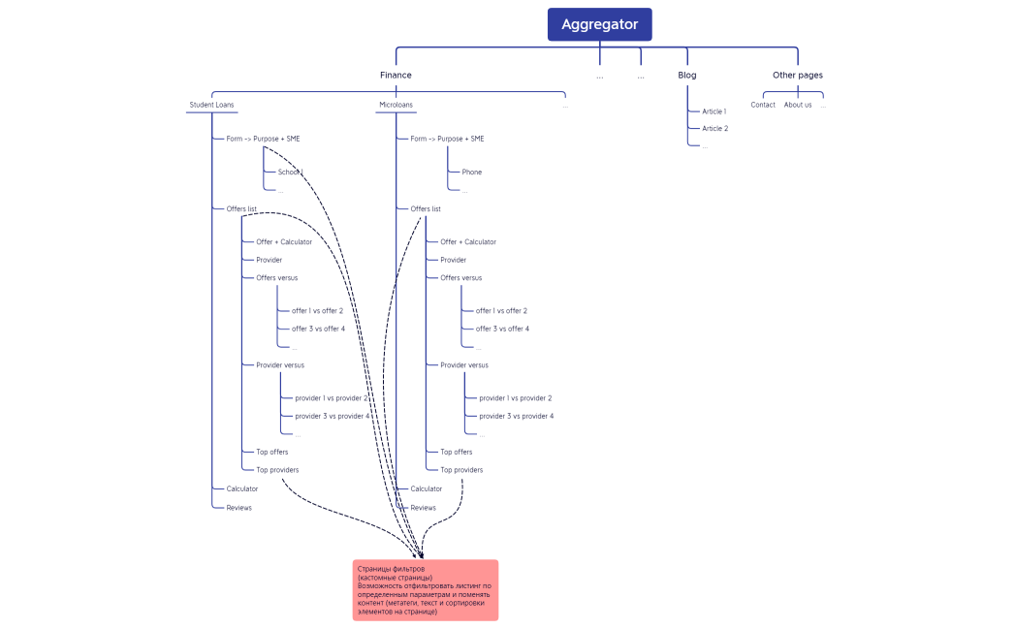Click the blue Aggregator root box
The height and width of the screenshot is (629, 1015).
[x=599, y=24]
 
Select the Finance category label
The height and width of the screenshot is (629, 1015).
[x=396, y=75]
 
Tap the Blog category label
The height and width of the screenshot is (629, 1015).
[x=686, y=75]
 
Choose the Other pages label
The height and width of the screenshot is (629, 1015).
[x=797, y=75]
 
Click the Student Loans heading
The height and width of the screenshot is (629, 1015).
[x=211, y=105]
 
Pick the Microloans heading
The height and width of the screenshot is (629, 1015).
[x=395, y=105]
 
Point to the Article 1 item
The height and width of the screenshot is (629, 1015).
[x=714, y=111]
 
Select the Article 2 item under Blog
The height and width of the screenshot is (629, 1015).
[x=714, y=128]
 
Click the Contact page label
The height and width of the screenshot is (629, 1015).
[x=763, y=105]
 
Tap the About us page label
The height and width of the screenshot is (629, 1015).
[x=798, y=105]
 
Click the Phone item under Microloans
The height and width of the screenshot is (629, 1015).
[x=471, y=172]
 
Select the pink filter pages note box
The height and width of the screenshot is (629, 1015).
[x=425, y=589]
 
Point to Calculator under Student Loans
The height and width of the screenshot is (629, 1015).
[x=242, y=488]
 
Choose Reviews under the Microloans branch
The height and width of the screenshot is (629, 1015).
[x=423, y=508]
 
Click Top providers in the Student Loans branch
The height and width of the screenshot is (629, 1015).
[x=277, y=470]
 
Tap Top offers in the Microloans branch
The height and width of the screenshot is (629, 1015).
[x=456, y=452]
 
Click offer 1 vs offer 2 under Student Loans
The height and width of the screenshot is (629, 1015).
[x=317, y=311]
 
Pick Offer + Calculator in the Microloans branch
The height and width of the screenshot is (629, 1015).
[x=468, y=242]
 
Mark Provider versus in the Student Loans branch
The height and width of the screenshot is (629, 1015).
[x=280, y=365]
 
